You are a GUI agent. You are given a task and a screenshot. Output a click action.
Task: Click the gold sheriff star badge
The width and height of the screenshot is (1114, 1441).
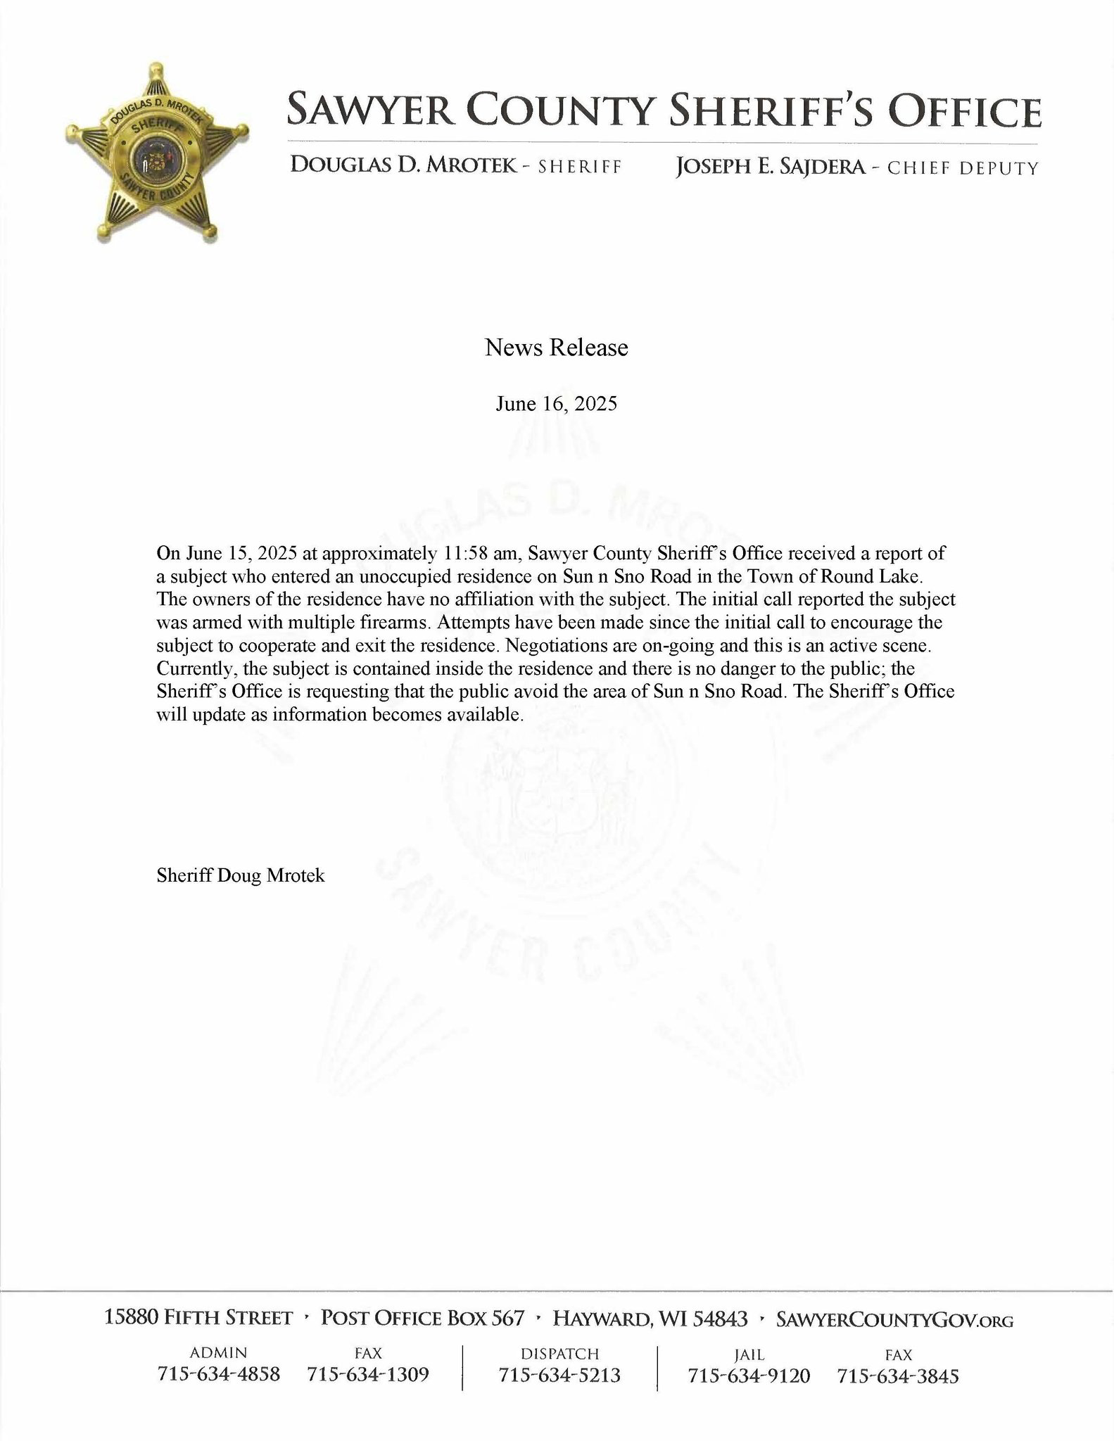[156, 153]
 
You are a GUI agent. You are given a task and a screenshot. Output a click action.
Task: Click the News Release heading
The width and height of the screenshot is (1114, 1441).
[556, 348]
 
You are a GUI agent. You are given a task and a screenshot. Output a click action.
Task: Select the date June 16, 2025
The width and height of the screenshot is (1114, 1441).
[556, 404]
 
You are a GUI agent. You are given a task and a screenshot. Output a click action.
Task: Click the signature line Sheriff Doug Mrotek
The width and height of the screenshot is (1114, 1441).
[241, 875]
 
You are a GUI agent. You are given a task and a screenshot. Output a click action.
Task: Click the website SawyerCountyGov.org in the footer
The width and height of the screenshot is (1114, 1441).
[894, 1319]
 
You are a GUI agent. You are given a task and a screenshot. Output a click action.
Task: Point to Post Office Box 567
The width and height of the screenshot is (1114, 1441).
[422, 1319]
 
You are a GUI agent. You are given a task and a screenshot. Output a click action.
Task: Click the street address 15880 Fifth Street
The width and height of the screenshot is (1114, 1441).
[198, 1319]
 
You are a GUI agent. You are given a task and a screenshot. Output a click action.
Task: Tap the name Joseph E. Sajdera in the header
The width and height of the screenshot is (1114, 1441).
[769, 167]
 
